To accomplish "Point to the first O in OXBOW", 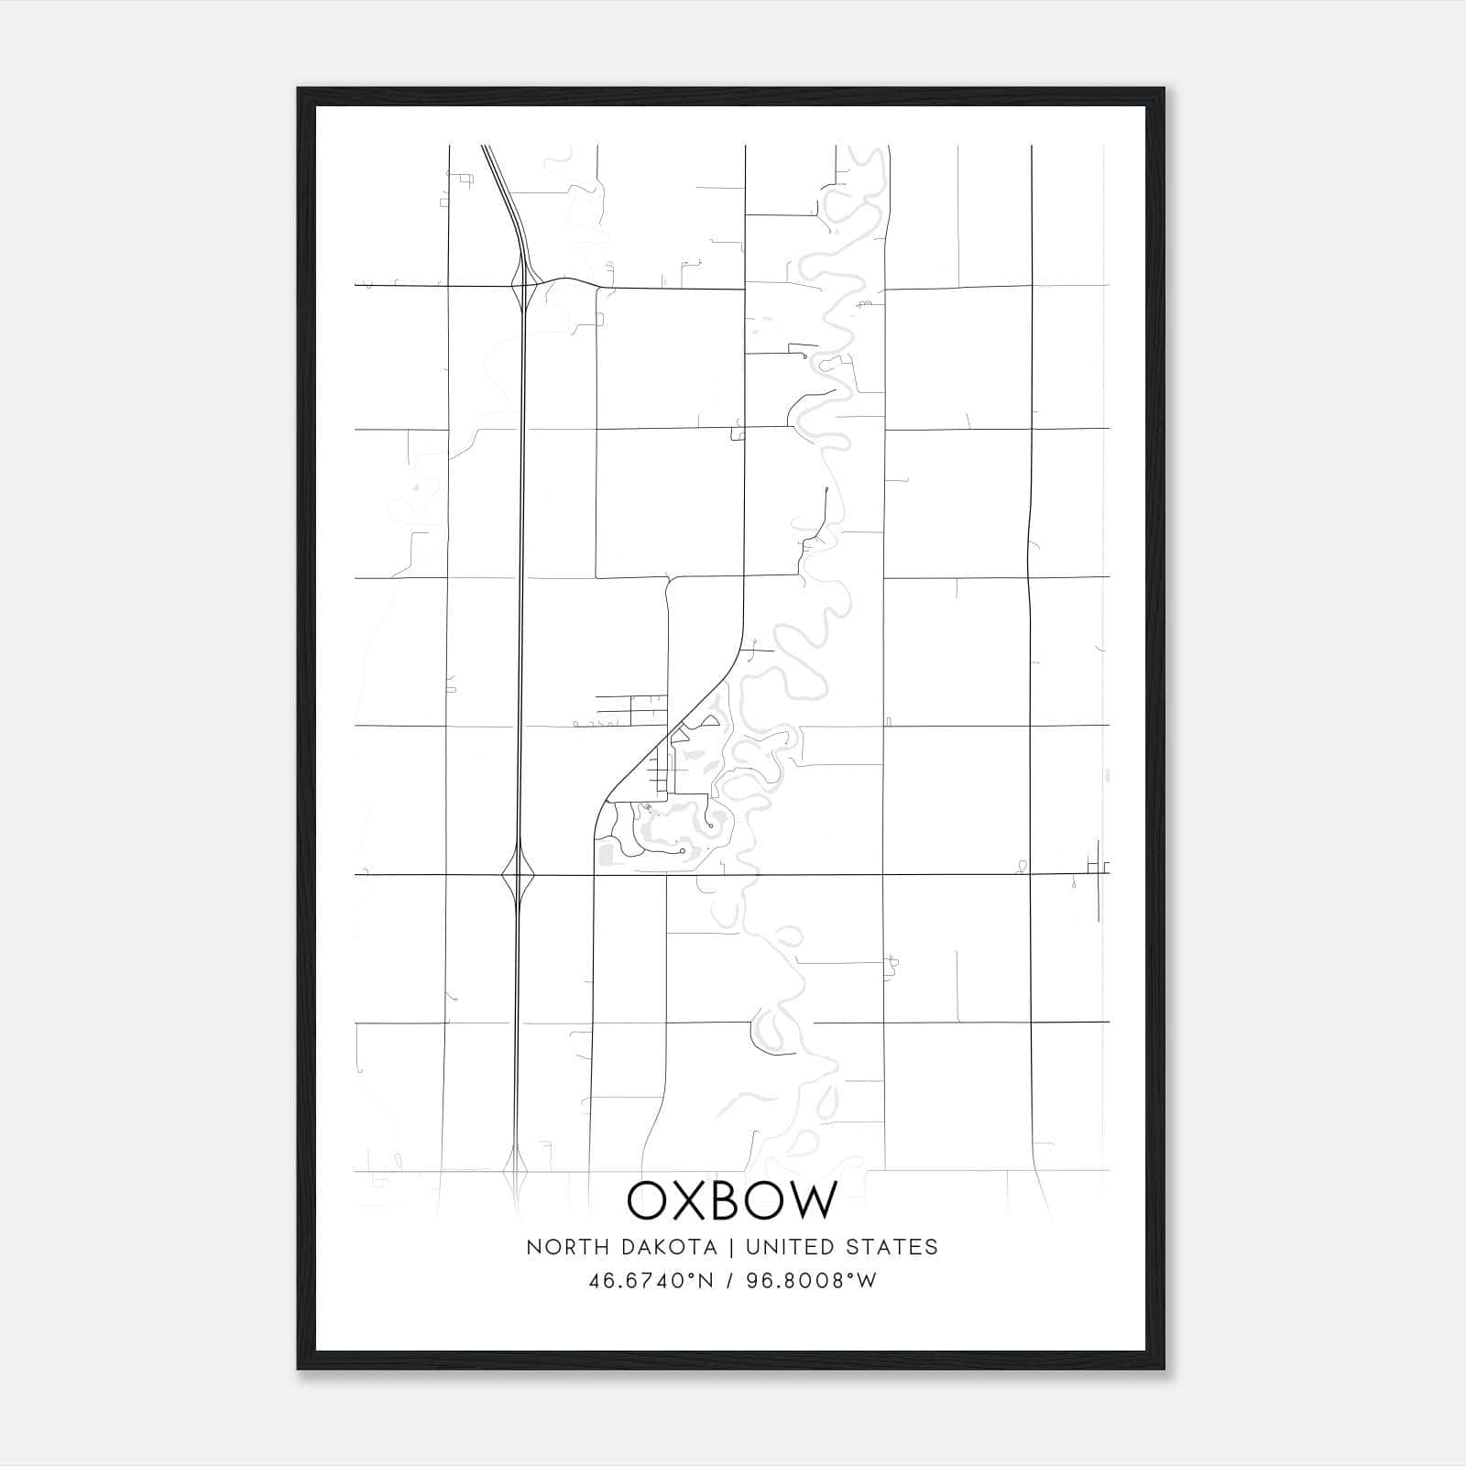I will click(x=650, y=1200).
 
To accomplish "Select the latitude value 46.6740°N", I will click(x=651, y=1280).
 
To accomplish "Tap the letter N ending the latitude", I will click(x=706, y=1280).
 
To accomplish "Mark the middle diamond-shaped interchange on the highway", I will click(x=519, y=874).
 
